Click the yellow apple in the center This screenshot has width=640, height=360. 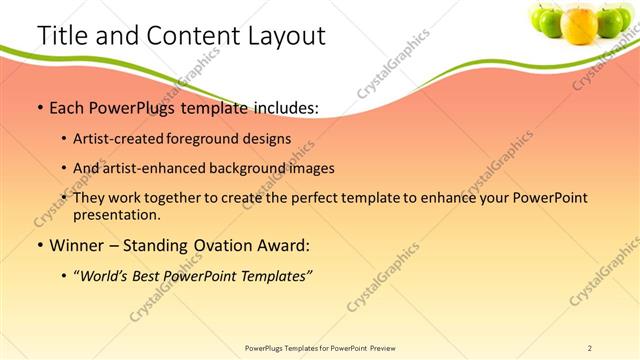[x=579, y=24]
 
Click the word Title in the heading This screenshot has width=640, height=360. [x=61, y=36]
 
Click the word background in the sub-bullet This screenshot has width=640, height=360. [x=255, y=168]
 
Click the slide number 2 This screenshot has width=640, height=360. [x=590, y=348]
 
